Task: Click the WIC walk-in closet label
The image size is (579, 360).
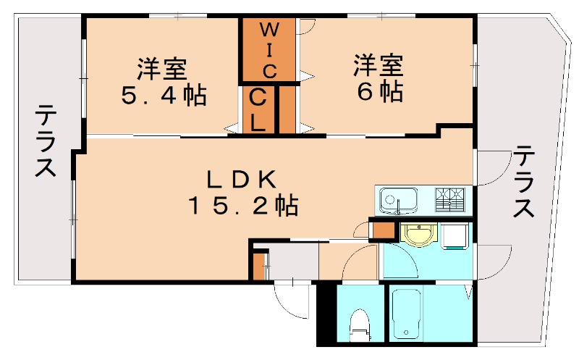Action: [x=269, y=50]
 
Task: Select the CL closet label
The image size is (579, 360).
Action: [x=258, y=109]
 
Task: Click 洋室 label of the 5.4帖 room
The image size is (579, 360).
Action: [x=163, y=69]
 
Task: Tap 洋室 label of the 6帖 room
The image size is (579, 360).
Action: [x=378, y=66]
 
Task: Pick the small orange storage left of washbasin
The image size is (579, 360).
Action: [x=381, y=230]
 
